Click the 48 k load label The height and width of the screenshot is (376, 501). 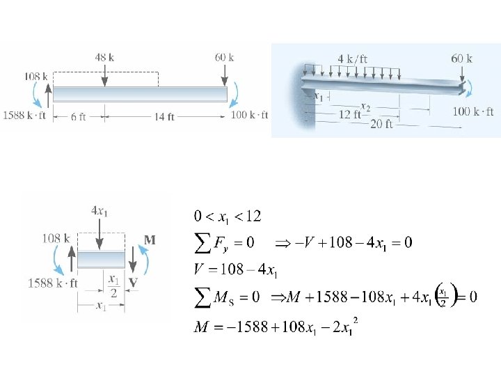coord(104,58)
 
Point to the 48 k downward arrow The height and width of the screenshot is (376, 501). coord(104,75)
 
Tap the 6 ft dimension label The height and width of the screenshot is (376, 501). coord(78,117)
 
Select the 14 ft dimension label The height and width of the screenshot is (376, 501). coord(164,117)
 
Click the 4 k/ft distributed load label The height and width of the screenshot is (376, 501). coord(353,58)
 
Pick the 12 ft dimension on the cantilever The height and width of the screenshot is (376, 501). coord(349,114)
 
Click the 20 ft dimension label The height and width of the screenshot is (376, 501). coord(381,124)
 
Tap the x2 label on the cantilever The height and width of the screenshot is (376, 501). coord(365,107)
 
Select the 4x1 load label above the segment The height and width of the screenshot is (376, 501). coord(99,211)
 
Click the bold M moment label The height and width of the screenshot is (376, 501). coord(150,240)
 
